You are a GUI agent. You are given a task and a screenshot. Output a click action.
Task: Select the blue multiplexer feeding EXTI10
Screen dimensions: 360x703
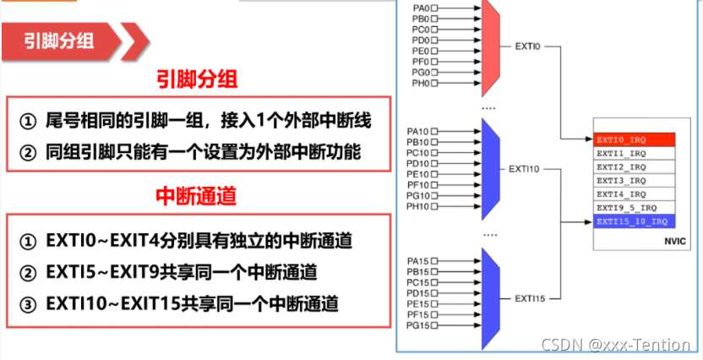[x=491, y=170]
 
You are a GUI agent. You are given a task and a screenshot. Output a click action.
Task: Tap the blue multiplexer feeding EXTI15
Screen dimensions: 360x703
[x=491, y=298]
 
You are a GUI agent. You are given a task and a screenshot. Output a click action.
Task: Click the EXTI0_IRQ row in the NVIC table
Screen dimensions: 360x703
[x=634, y=139]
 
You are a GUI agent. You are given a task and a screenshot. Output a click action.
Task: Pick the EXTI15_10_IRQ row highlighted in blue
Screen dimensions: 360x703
[x=634, y=221]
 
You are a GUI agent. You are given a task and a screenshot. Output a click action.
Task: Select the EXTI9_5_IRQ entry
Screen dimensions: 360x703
[x=634, y=208]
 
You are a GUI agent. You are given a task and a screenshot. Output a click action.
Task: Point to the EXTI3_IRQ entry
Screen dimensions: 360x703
[x=634, y=181]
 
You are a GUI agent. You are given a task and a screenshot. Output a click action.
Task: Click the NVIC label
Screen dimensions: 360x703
[x=660, y=241]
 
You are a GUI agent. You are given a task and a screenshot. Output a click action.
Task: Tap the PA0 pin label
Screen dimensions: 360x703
[x=421, y=7]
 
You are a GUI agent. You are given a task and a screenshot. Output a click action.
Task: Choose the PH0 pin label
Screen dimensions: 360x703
[x=421, y=84]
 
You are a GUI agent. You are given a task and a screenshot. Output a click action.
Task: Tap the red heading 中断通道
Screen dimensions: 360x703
[x=196, y=197]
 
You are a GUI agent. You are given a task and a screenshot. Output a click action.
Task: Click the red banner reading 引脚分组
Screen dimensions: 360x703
[x=63, y=39]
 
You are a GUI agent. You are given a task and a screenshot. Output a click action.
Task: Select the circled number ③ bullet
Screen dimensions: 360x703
[x=29, y=303]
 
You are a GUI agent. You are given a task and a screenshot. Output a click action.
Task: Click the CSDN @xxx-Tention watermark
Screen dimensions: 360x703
[x=615, y=345]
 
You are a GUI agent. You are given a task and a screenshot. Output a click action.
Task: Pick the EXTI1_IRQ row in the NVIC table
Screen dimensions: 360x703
[x=634, y=153]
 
